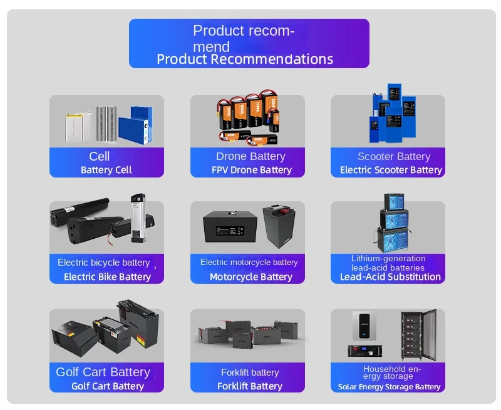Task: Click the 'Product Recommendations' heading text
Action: pos(245,59)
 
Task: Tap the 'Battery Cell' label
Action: pos(106,170)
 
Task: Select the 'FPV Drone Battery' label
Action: pos(252,170)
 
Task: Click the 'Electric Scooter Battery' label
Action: pos(391,170)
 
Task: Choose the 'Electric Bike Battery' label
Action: pos(107,277)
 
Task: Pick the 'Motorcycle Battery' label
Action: pos(251,277)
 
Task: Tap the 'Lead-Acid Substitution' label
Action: pos(390,277)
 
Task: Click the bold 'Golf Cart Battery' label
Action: pos(108,386)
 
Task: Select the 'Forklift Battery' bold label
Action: pos(250,386)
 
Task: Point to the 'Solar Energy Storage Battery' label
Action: pos(390,387)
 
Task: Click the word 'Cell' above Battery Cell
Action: pos(100,156)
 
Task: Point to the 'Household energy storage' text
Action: pos(392,372)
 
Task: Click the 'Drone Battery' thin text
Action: pos(250,156)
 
